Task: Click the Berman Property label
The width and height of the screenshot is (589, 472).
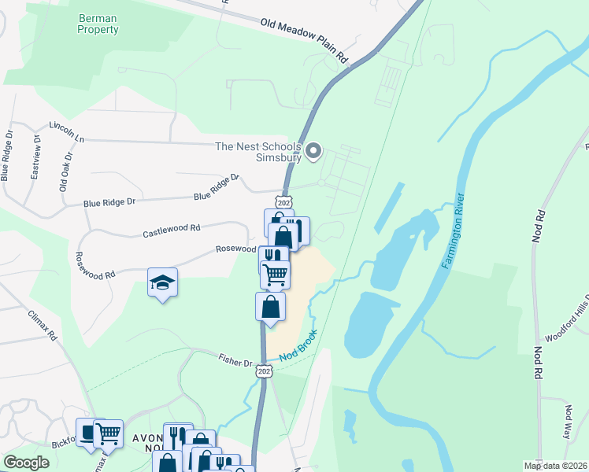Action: coord(98,24)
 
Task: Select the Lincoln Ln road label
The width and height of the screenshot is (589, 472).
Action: coord(66,131)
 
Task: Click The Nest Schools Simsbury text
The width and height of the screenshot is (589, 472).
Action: coord(258,152)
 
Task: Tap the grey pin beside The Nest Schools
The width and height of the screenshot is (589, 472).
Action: coord(313,150)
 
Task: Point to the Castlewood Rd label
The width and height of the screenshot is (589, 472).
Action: coord(172,230)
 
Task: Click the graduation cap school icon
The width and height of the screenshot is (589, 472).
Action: coord(162,282)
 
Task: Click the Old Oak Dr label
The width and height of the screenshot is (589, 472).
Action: coord(65,171)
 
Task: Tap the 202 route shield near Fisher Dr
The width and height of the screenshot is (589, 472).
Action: coord(264,371)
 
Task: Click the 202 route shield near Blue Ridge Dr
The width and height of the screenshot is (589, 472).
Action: coord(284,201)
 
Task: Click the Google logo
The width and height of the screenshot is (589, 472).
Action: coord(27,463)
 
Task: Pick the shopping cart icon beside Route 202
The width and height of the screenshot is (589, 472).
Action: coord(275,275)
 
